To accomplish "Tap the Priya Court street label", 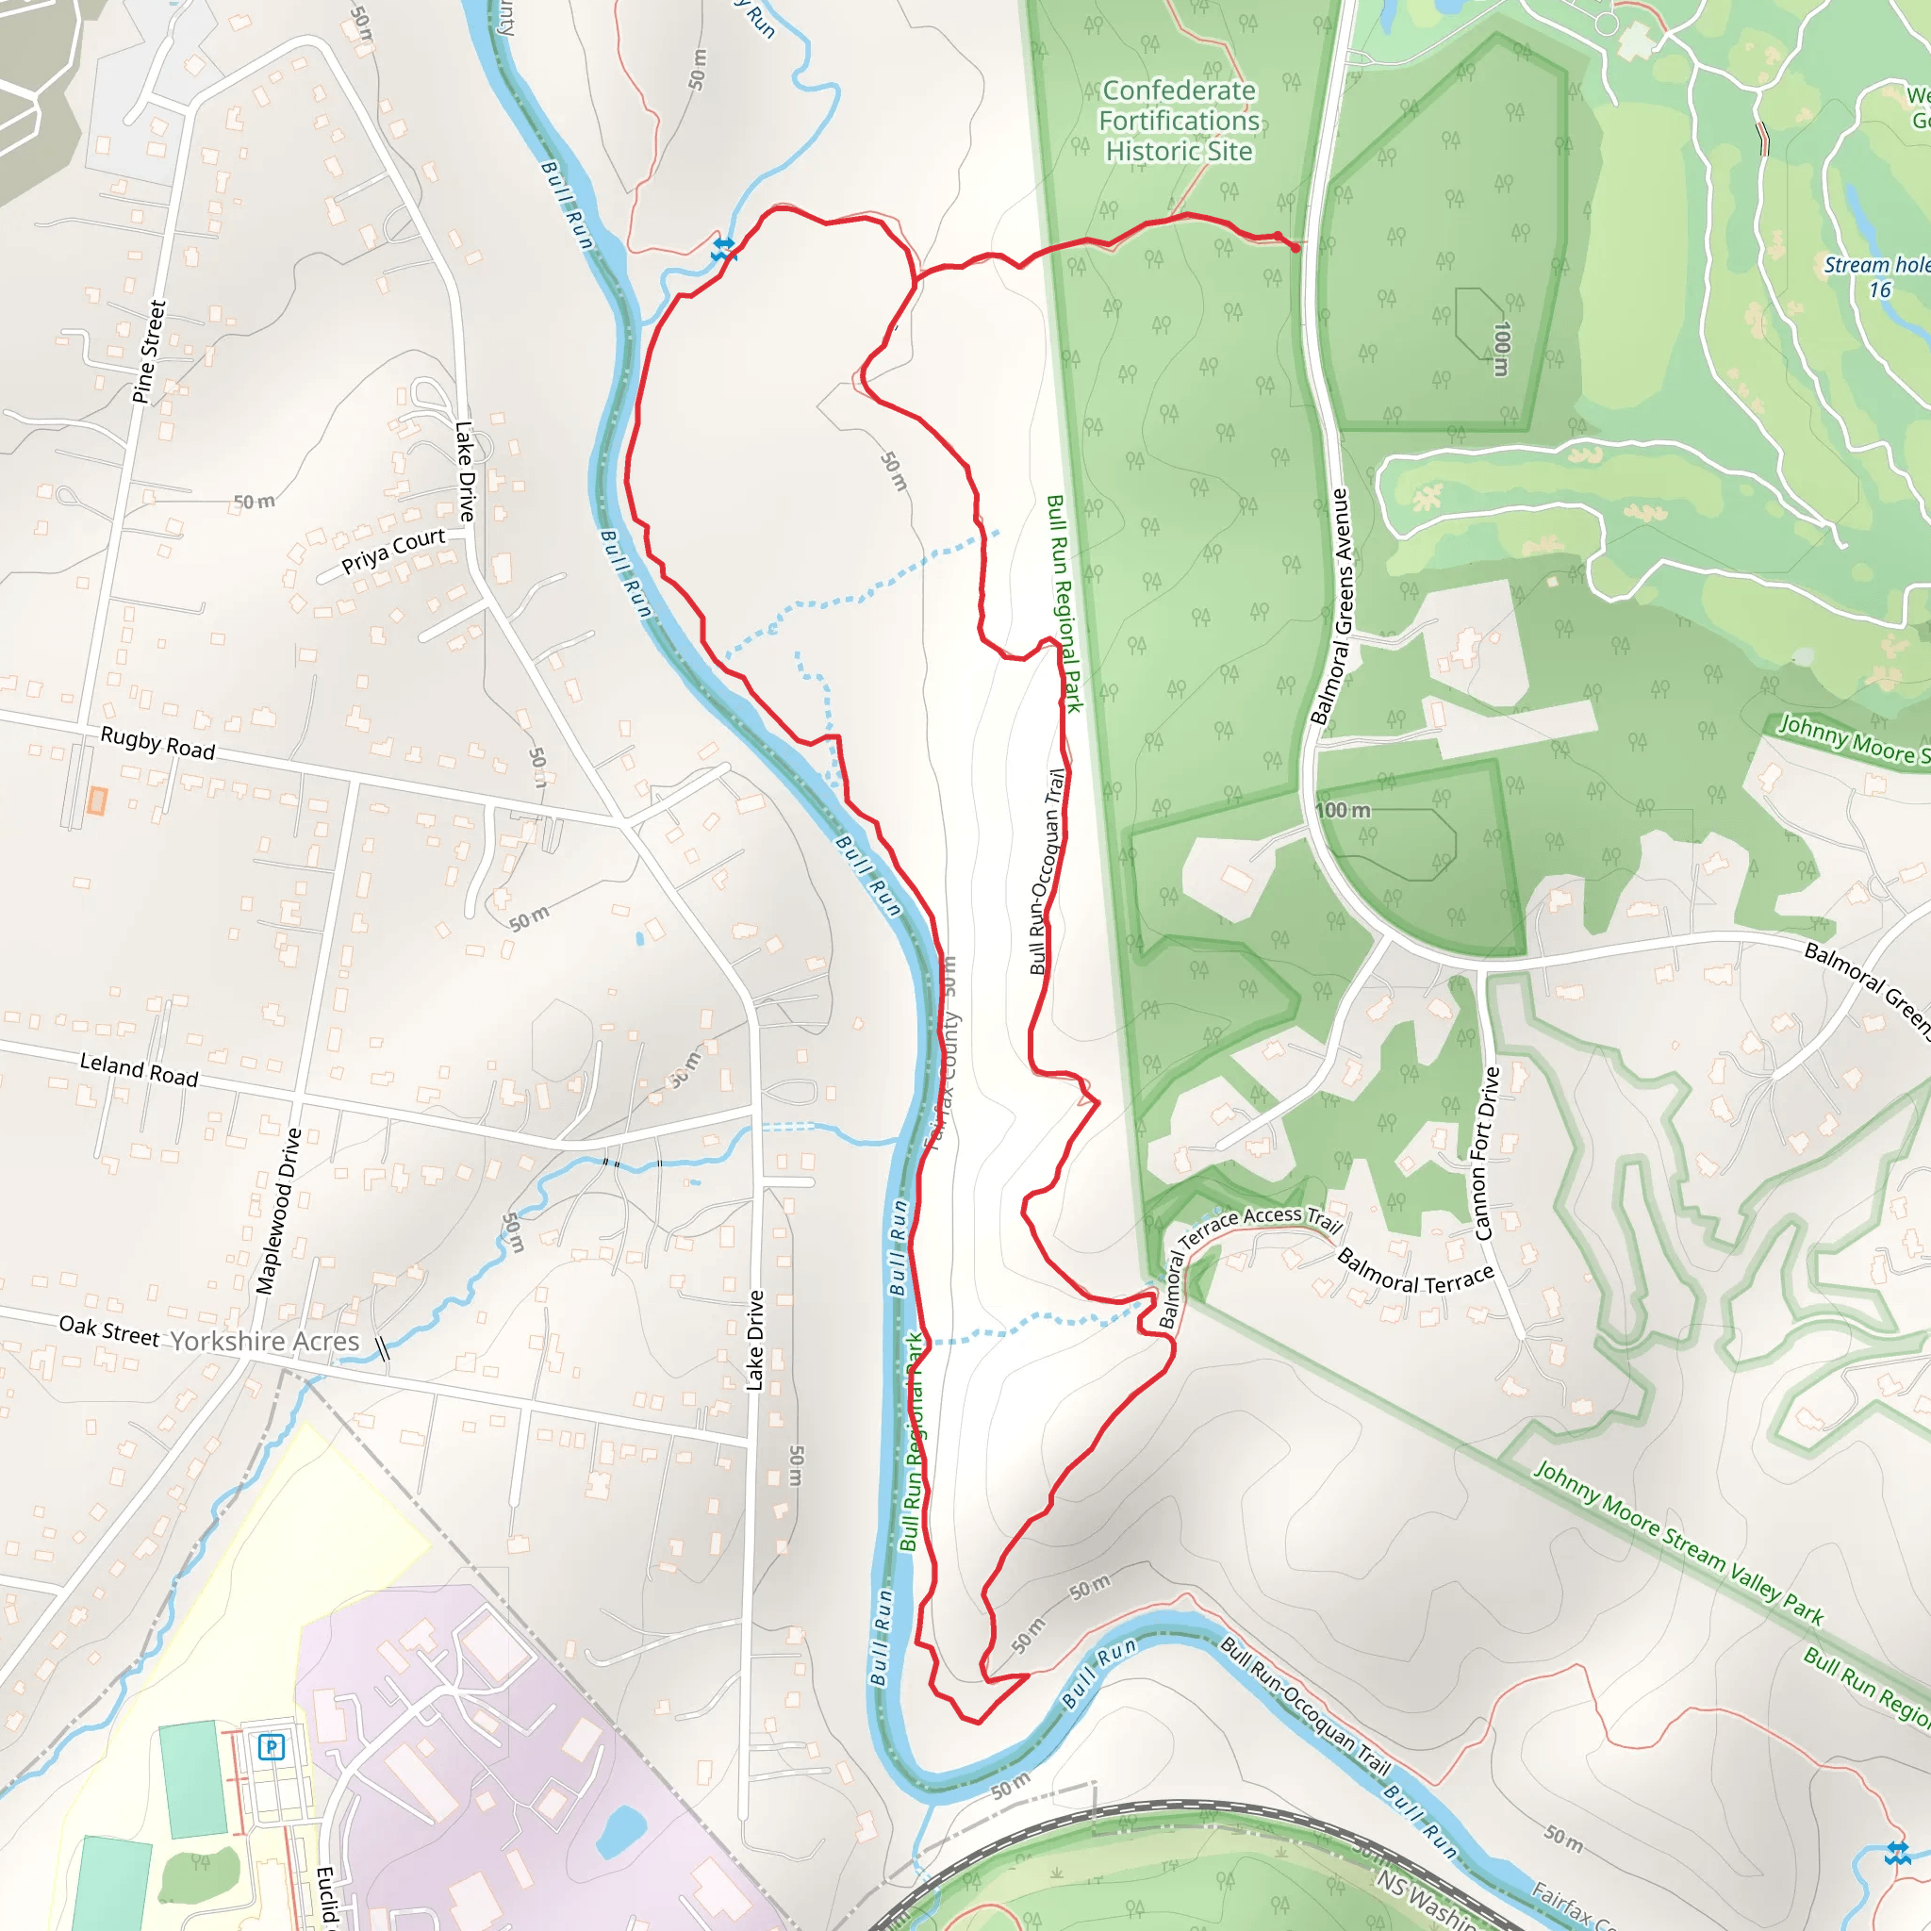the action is [393, 551].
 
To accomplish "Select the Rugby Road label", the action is [157, 743].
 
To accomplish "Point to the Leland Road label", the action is [139, 1069].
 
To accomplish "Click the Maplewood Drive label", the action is [279, 1212].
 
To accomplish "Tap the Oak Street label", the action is [109, 1331].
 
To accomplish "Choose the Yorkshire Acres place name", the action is [265, 1342].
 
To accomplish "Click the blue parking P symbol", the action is [271, 1747].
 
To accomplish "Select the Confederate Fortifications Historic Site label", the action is [1180, 121].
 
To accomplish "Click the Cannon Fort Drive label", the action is [1486, 1153].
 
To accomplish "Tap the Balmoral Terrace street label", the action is [1415, 1271].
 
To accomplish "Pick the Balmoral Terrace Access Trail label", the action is [1249, 1235].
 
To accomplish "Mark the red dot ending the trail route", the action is [1296, 248].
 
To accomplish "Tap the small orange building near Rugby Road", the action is [97, 800].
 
